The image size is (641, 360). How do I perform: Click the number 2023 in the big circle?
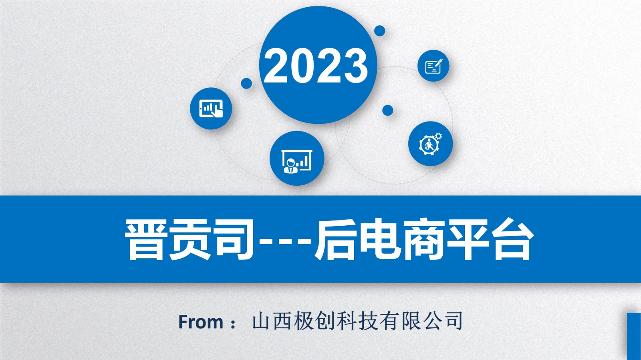click(316, 65)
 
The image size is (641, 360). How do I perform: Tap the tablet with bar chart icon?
click(211, 109)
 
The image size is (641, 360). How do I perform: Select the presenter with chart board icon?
click(297, 162)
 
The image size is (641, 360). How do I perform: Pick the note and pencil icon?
click(433, 66)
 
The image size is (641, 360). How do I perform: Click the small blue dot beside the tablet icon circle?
click(246, 83)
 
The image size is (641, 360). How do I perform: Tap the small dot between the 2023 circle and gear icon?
click(387, 110)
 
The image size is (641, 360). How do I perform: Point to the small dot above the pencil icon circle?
click(380, 31)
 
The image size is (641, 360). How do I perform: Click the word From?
click(201, 322)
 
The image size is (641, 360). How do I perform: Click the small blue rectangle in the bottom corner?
click(634, 336)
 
